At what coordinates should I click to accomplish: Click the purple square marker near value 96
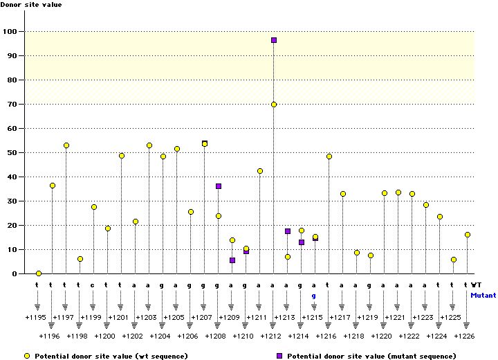click(274, 40)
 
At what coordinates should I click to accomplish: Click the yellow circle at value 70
click(274, 105)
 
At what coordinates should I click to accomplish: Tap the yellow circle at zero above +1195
click(39, 273)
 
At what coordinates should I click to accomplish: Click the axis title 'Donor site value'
click(30, 5)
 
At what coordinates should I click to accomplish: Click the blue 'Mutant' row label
click(483, 295)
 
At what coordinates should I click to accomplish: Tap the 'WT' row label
click(477, 285)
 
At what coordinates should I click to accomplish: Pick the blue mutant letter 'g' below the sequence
click(314, 295)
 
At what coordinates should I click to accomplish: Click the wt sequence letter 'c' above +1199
click(93, 285)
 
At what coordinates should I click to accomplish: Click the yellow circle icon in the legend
click(27, 355)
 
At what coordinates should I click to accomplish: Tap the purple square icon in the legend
click(279, 355)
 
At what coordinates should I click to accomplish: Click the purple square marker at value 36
click(219, 186)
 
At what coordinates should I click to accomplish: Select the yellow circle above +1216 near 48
click(329, 156)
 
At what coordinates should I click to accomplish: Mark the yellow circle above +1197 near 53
click(66, 145)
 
